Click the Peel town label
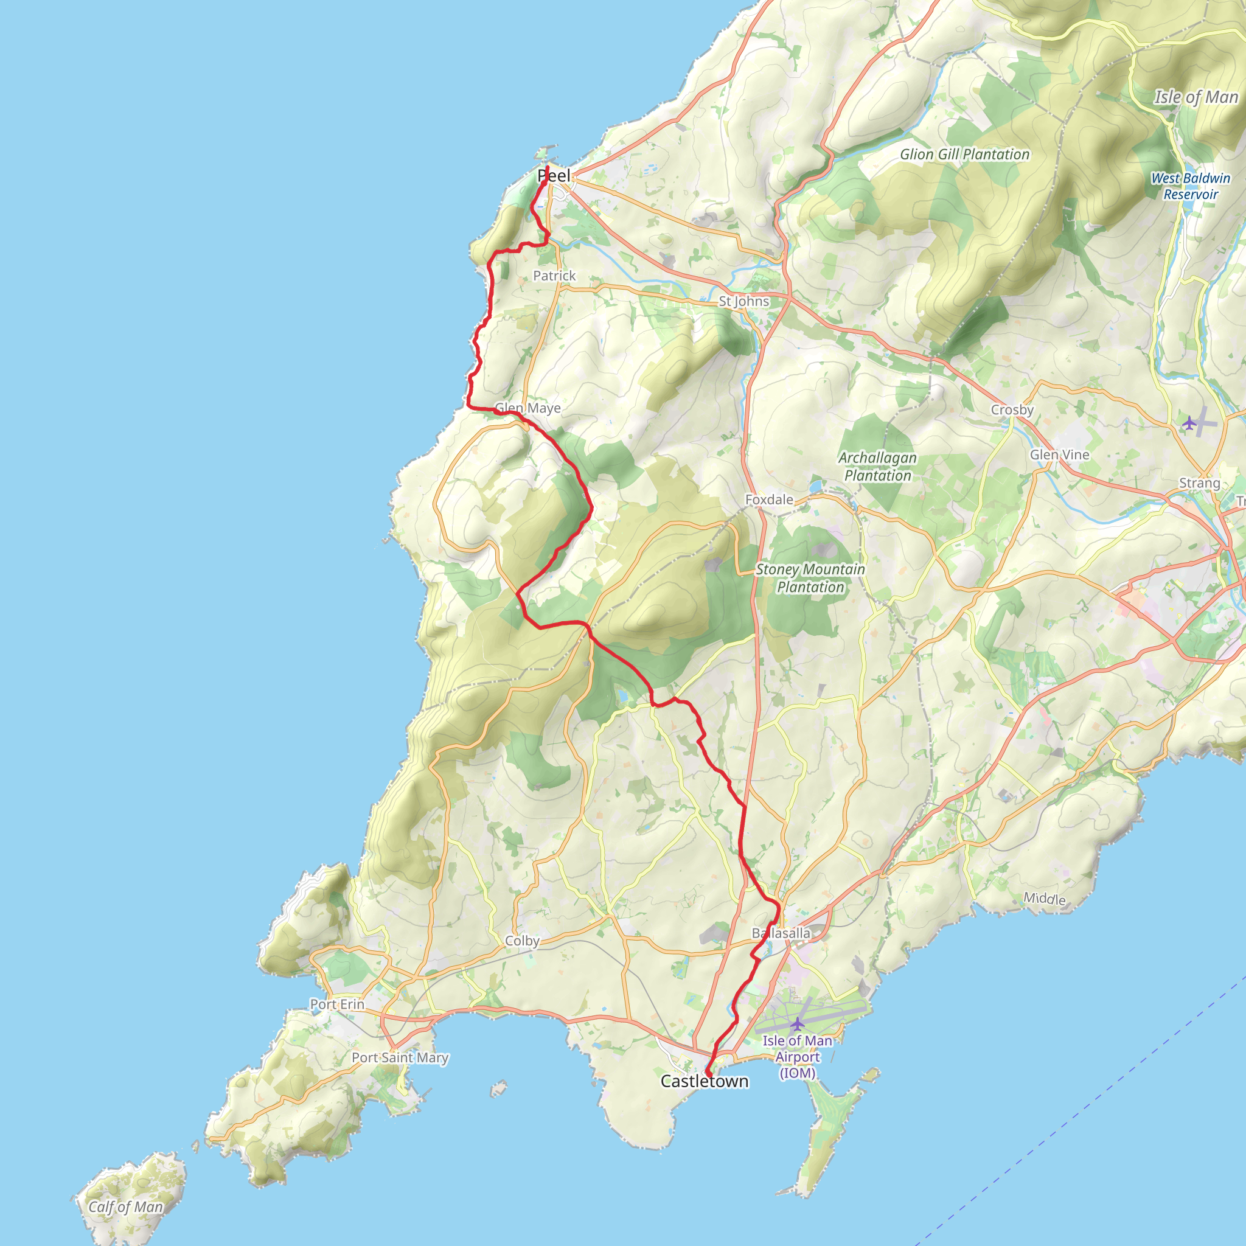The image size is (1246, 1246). coord(554,175)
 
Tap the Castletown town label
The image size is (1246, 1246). coord(705,1082)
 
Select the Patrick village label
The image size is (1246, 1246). coord(554,276)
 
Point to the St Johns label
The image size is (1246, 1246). coord(744,301)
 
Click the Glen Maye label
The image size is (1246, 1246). coord(527,408)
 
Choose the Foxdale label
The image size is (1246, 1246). coord(769,500)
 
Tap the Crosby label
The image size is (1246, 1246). coord(1012,410)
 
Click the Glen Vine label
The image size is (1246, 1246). coord(1059,454)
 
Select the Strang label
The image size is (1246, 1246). coord(1199,483)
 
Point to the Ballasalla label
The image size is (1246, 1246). coord(781,933)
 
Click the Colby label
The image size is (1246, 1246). coord(522,941)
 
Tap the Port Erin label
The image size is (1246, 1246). coord(336,1004)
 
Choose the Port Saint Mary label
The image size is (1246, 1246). coord(400,1057)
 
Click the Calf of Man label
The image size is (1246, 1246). coord(126,1207)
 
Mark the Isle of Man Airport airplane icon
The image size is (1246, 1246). coord(798,1023)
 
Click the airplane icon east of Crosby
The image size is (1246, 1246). coord(1189,423)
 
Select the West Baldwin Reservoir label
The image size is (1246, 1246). coord(1191,186)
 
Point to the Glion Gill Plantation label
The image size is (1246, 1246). coord(965,155)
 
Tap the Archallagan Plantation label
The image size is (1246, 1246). coord(878,466)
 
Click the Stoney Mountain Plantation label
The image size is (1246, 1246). coord(810,578)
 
